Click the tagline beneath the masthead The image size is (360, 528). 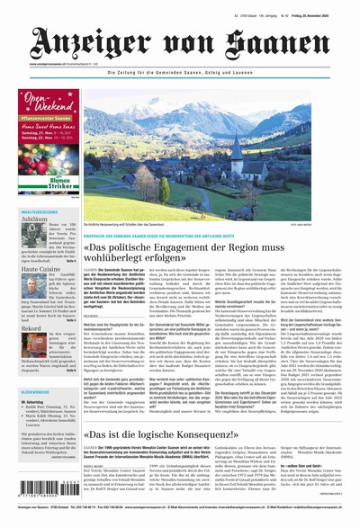pyautogui.click(x=206, y=71)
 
